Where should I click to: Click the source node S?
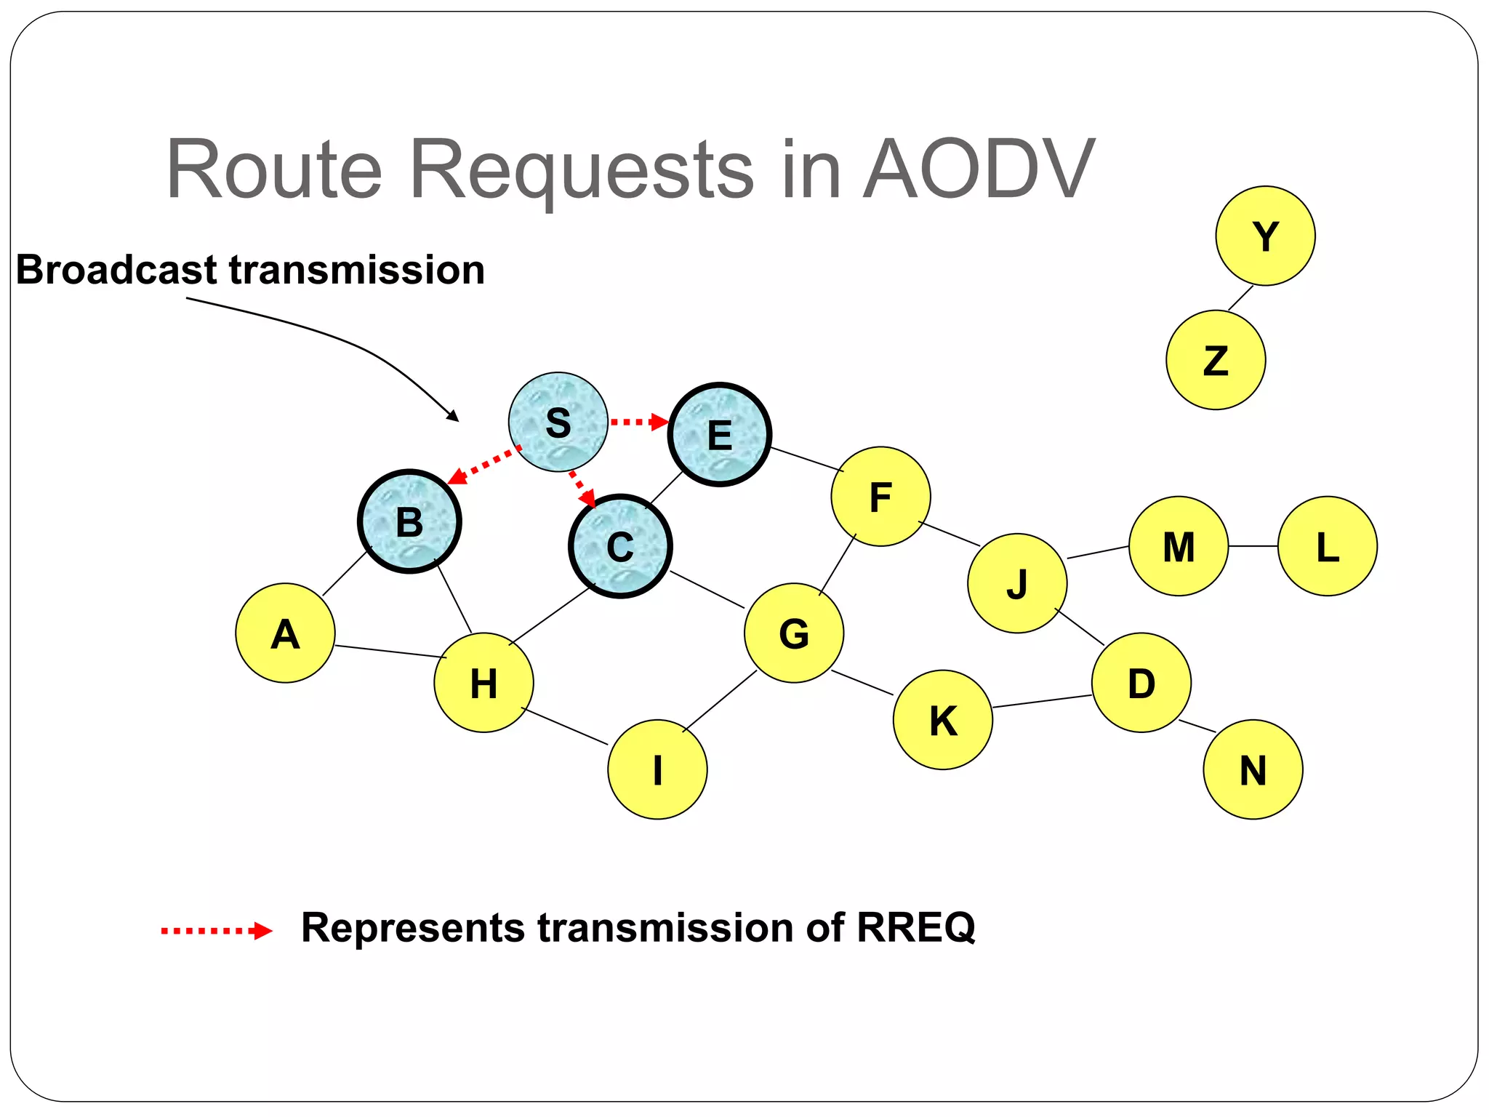[558, 422]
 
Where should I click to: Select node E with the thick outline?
[719, 434]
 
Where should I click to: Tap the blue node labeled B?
[409, 521]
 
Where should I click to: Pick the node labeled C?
[620, 546]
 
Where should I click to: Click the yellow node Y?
[1265, 236]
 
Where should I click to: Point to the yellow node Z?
[1216, 360]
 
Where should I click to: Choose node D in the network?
[1141, 682]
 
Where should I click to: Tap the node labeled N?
[1253, 769]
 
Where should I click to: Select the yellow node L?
[1327, 546]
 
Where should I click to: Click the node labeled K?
[942, 719]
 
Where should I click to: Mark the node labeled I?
[657, 769]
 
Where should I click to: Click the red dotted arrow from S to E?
[638, 422]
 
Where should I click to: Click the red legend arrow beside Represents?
[216, 930]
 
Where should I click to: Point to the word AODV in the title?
[979, 169]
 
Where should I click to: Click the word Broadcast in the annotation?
[116, 270]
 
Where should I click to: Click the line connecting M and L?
[1253, 546]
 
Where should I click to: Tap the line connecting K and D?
[1041, 700]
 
